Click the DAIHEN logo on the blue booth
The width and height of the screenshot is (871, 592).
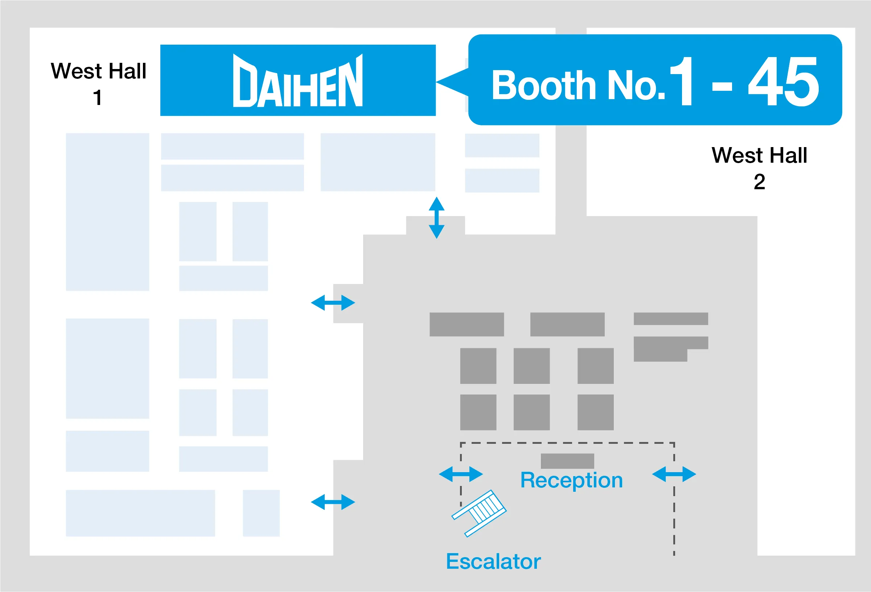tap(297, 80)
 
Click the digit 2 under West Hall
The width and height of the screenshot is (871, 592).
tap(759, 182)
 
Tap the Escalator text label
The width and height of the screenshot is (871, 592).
tap(493, 561)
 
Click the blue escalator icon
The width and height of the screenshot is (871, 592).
tap(479, 513)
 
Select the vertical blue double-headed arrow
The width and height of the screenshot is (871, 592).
tap(437, 218)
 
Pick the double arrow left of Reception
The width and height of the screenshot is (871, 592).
tap(461, 474)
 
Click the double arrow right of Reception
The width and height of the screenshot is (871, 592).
tap(674, 474)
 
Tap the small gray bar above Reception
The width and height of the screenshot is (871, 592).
tap(567, 461)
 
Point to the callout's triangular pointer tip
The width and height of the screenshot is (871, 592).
tap(436, 81)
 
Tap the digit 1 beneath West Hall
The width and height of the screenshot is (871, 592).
tap(98, 98)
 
